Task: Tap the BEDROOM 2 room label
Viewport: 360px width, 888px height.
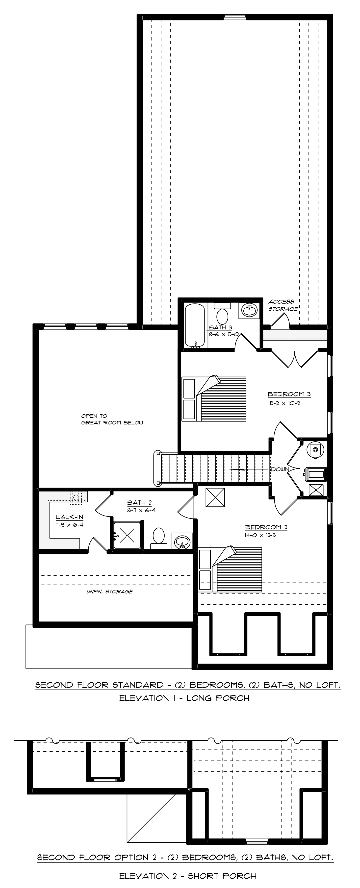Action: (266, 527)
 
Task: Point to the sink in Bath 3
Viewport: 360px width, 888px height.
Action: (249, 311)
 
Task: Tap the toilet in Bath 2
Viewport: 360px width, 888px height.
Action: (159, 538)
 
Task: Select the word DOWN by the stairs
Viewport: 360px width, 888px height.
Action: (280, 469)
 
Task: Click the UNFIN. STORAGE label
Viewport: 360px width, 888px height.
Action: (109, 591)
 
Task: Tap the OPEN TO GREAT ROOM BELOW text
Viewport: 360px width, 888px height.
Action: (112, 419)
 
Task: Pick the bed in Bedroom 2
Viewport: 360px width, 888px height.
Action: (230, 569)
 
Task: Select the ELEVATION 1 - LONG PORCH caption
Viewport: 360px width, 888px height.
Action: (184, 698)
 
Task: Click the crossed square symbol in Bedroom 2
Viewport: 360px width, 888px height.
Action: (215, 497)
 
